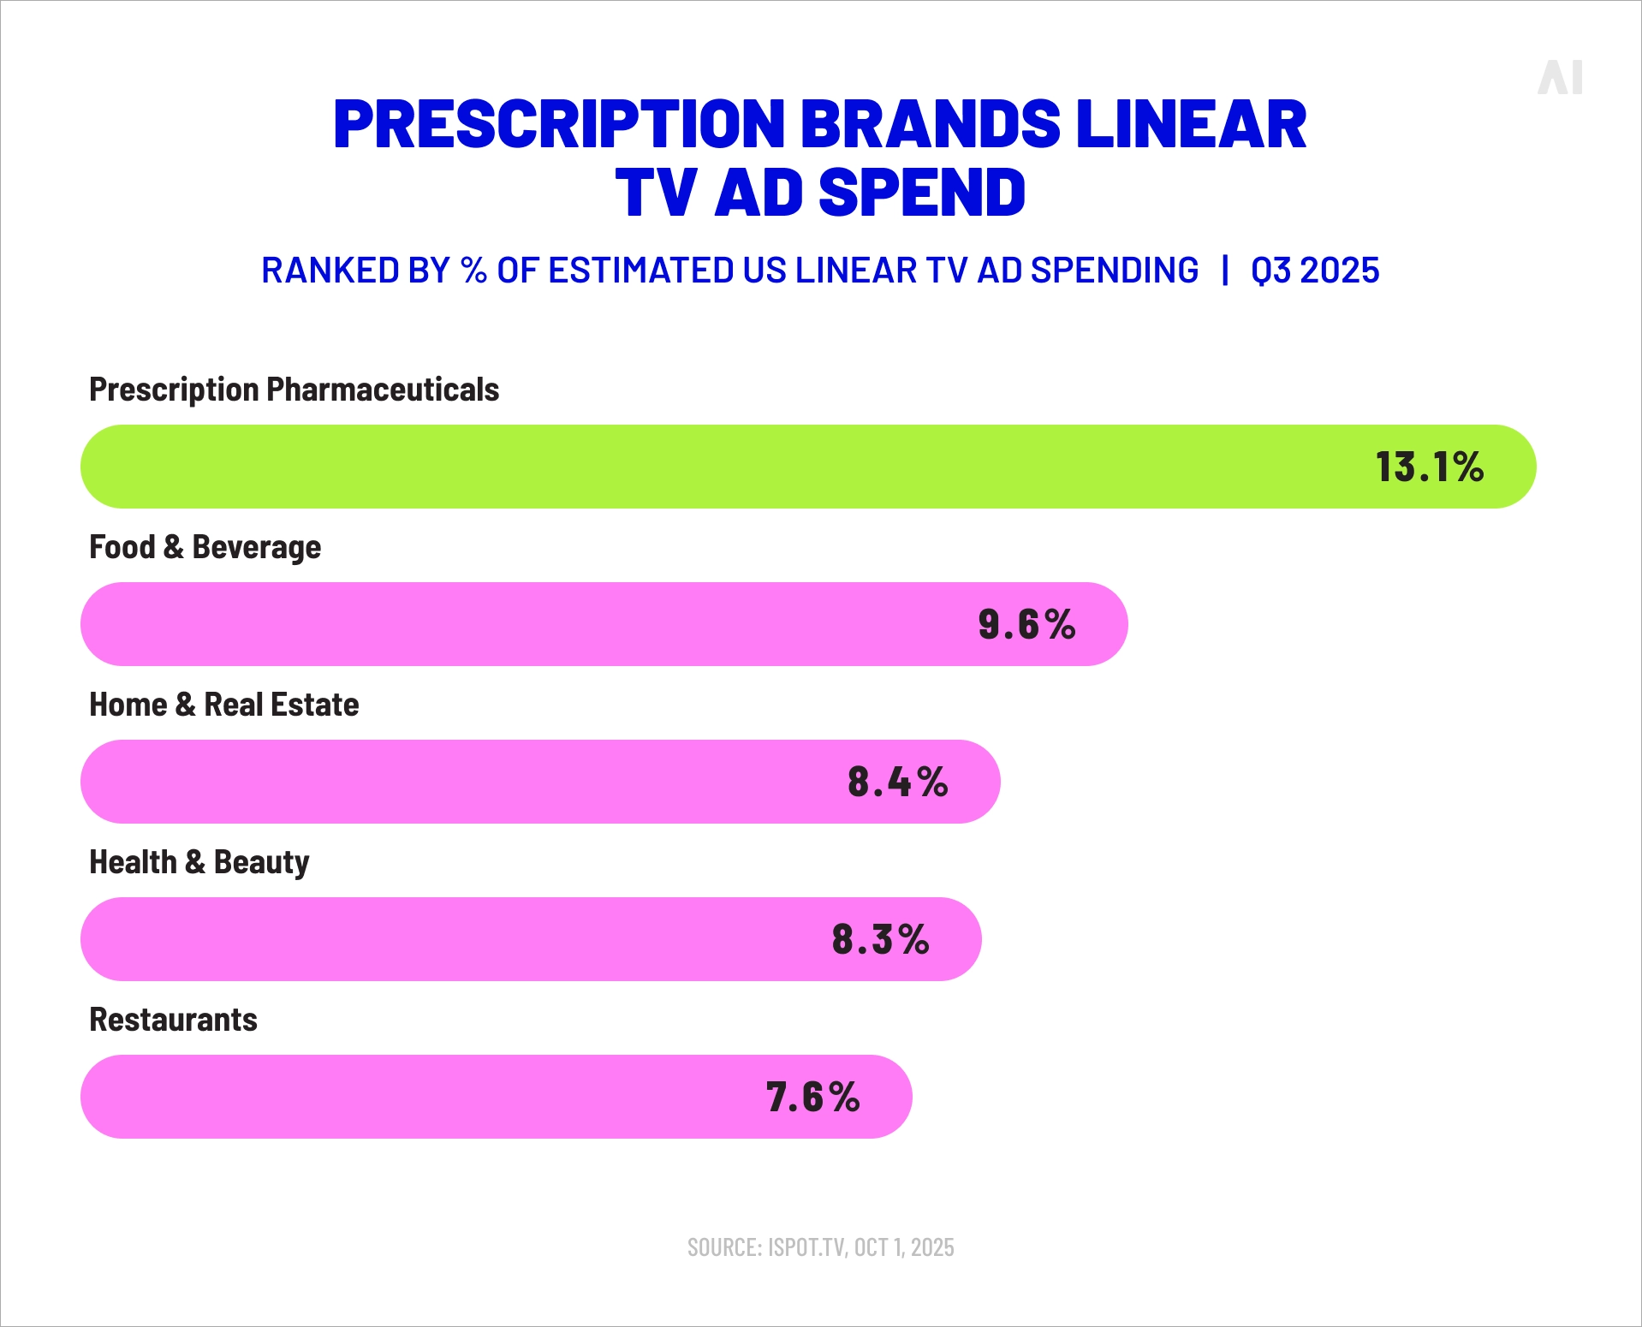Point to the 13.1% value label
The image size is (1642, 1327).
1430,467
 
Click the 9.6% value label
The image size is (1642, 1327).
1026,624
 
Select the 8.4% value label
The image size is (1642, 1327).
898,782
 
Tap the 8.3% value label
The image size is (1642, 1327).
880,939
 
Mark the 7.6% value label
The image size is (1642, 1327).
812,1097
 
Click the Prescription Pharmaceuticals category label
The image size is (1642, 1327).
294,390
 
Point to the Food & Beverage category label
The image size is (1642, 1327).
205,547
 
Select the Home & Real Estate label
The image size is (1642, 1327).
223,705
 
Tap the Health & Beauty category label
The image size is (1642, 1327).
199,862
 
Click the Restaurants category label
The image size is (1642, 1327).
173,1020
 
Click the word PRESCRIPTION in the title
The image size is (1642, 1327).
558,124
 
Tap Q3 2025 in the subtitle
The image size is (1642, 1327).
1315,271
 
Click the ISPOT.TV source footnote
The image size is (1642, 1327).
820,1247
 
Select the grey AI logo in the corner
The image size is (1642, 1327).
1560,77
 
